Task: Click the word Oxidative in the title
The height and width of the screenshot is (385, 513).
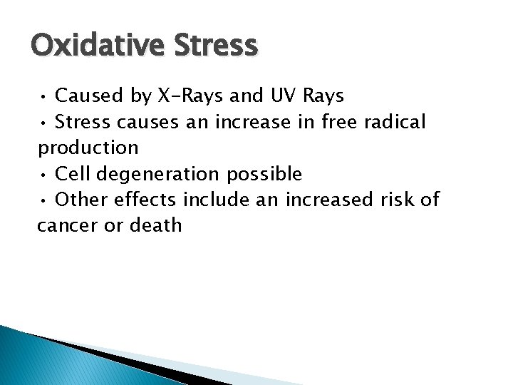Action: tap(93, 45)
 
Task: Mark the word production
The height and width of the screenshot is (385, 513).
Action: tap(88, 148)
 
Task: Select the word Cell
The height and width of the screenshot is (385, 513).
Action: tap(72, 174)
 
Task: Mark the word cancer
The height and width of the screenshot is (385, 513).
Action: tap(65, 226)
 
